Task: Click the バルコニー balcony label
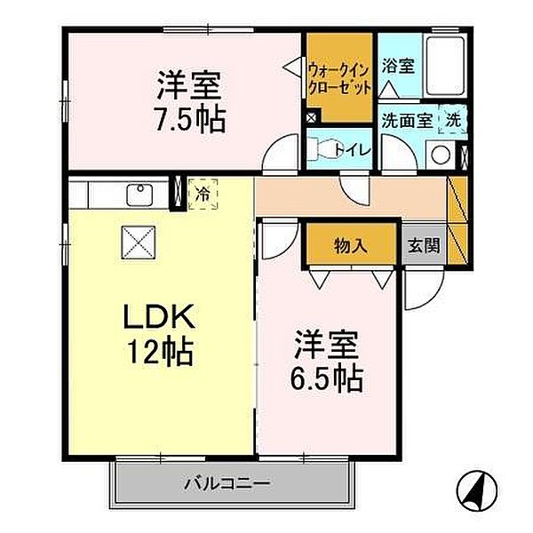(228, 485)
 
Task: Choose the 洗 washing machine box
(453, 118)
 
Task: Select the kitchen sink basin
(140, 194)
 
